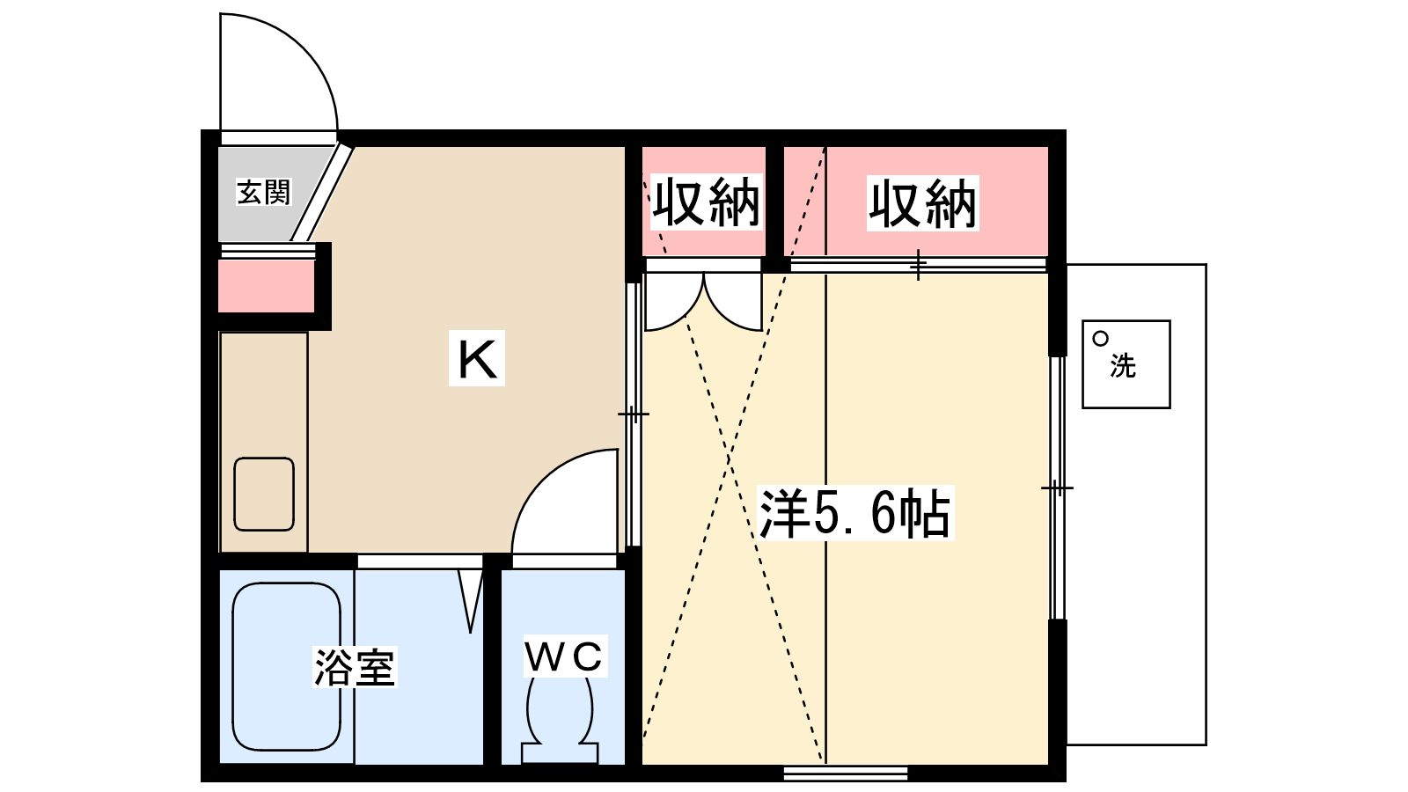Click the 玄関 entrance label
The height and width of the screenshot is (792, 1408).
[x=263, y=192]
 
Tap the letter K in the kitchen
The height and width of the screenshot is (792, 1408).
[x=477, y=358]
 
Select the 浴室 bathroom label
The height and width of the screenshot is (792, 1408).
[x=355, y=667]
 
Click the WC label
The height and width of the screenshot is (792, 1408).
[x=564, y=656]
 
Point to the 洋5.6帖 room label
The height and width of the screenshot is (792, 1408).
[x=854, y=513]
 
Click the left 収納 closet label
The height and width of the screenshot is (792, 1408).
[x=705, y=203]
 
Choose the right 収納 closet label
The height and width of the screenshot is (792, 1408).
[x=922, y=203]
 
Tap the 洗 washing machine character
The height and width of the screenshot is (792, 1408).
[x=1123, y=365]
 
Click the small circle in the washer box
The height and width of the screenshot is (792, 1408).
[x=1100, y=338]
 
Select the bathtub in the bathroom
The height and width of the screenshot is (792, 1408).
[x=286, y=666]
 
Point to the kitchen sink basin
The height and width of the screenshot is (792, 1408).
[x=264, y=494]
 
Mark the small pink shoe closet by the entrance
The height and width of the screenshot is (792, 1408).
[x=266, y=286]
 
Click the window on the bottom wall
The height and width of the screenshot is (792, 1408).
[x=845, y=774]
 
